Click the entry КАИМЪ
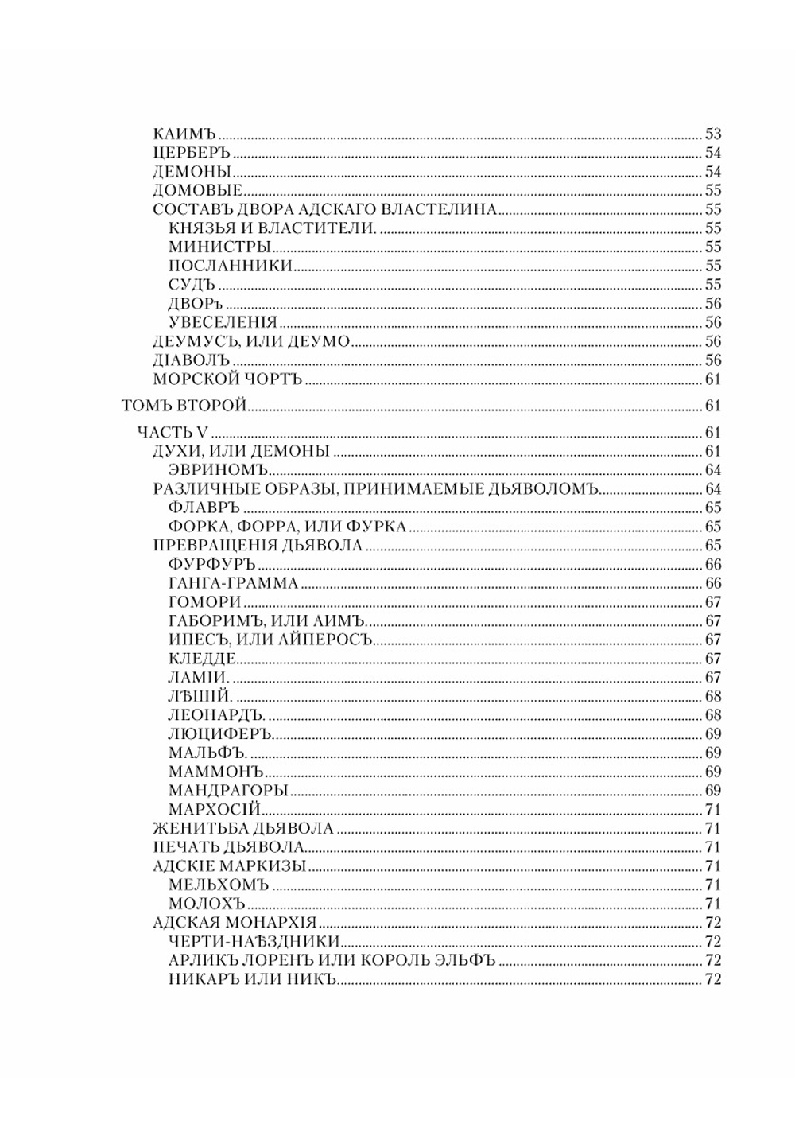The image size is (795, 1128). tap(184, 134)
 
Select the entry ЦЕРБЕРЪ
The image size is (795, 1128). tap(191, 154)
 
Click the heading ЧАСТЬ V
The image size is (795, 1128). tap(173, 433)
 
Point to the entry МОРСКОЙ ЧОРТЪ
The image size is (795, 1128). tap(227, 379)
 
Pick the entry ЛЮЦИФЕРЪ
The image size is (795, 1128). tap(221, 734)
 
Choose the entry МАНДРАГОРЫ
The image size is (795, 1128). tap(228, 791)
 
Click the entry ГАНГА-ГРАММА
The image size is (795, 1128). tap(234, 584)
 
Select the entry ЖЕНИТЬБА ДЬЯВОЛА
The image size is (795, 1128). tap(243, 829)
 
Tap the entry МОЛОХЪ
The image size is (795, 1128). tap(207, 904)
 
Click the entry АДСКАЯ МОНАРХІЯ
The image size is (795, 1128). tap(235, 924)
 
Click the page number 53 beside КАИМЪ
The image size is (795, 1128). tap(712, 134)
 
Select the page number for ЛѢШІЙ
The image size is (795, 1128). tap(712, 697)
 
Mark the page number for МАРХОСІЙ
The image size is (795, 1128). tap(712, 810)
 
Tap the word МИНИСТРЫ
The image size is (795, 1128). tap(220, 247)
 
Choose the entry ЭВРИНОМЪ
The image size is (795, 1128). tap(218, 471)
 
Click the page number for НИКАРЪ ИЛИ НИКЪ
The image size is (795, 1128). tap(712, 980)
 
